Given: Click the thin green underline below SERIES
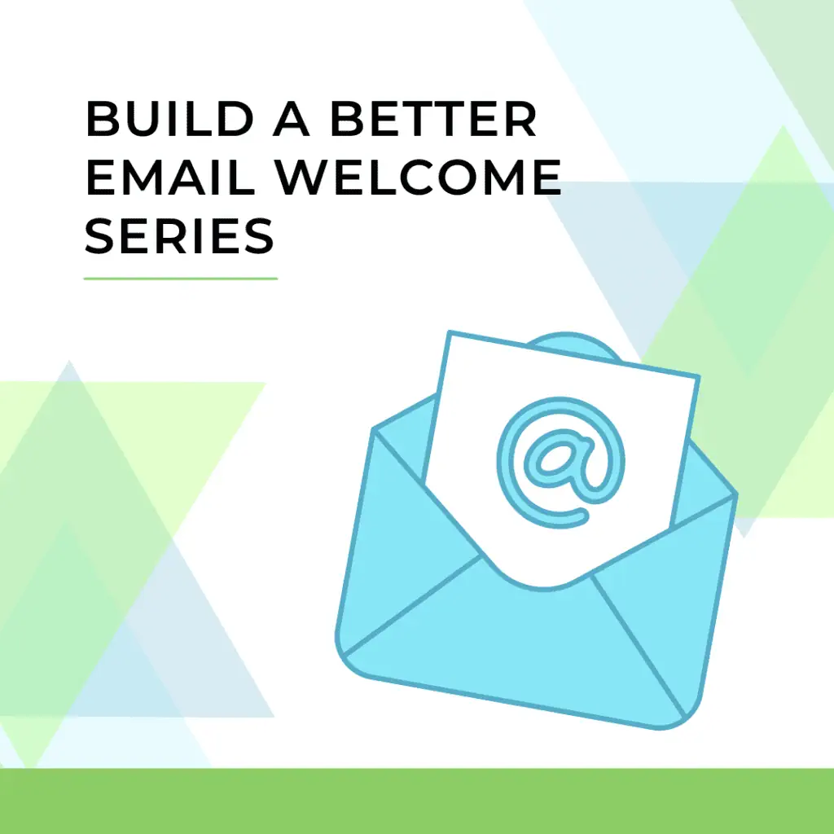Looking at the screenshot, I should pyautogui.click(x=181, y=279).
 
